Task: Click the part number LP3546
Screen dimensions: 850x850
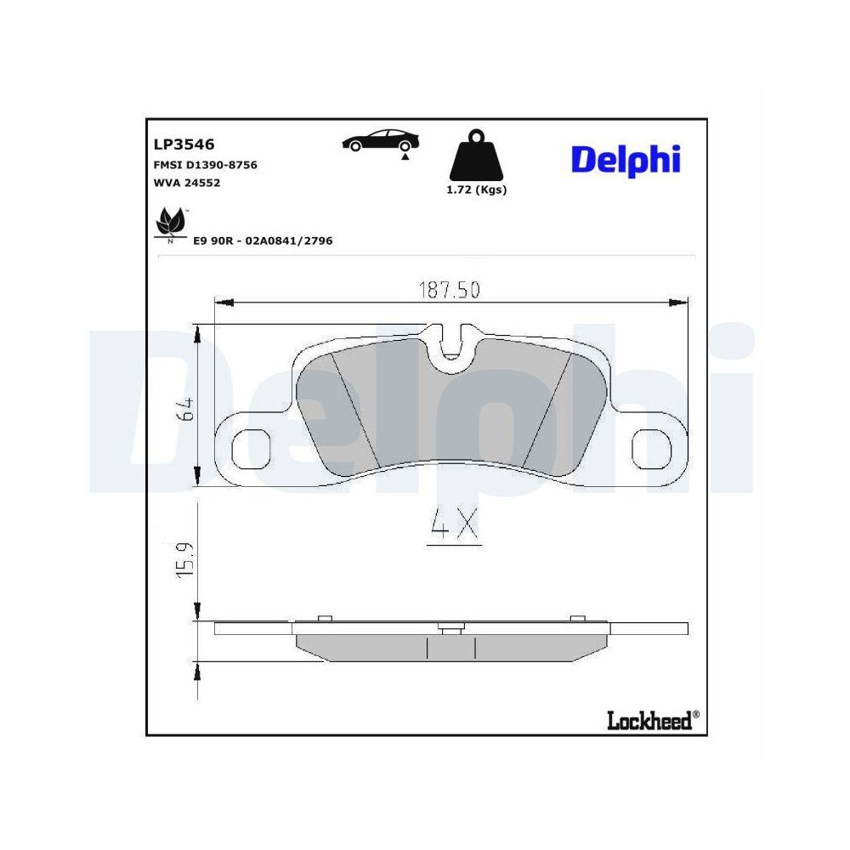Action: pos(184,144)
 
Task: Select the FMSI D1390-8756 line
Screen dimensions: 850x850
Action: pos(205,165)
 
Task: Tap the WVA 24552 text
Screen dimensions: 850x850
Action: pos(186,182)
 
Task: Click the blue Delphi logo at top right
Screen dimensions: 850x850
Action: pos(626,159)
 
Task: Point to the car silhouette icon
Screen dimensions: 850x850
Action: pos(379,140)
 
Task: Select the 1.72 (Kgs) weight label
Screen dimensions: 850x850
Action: pos(476,190)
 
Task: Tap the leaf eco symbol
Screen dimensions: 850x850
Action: pos(172,224)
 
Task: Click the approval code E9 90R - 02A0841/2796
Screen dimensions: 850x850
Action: pos(263,241)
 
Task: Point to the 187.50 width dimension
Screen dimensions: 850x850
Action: pos(449,290)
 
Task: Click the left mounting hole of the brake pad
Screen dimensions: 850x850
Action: pos(252,447)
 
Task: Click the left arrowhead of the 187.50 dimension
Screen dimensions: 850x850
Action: pos(221,302)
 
